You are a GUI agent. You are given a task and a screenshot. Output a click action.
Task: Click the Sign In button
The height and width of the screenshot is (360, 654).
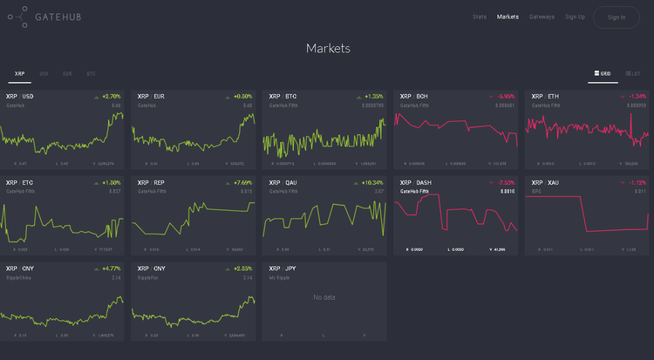pos(617,17)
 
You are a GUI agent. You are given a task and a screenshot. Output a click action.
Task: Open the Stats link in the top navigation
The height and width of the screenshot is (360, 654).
pos(480,17)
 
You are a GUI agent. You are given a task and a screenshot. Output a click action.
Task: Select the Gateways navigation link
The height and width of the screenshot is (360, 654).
pos(542,17)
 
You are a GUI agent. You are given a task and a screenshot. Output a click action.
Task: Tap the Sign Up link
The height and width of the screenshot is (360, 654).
pos(575,17)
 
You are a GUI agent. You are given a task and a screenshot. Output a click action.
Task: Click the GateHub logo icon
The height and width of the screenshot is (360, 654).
pos(17,17)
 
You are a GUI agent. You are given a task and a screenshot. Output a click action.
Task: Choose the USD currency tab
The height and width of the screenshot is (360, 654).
pos(44,74)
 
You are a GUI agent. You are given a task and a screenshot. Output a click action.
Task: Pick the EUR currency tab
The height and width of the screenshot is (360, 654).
pos(67,74)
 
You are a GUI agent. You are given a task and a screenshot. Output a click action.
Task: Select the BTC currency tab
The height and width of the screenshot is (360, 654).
pos(91,74)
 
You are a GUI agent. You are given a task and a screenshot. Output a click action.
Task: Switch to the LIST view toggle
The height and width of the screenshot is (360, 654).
pos(634,74)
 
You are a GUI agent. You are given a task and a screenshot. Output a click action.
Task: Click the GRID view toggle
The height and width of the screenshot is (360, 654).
pos(603,74)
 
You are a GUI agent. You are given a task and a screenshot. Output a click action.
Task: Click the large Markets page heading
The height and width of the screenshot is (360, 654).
pos(328,48)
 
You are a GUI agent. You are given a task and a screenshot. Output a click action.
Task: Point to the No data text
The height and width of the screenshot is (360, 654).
pos(324,298)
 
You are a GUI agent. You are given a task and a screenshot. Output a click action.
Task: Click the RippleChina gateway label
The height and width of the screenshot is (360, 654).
pos(18,277)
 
